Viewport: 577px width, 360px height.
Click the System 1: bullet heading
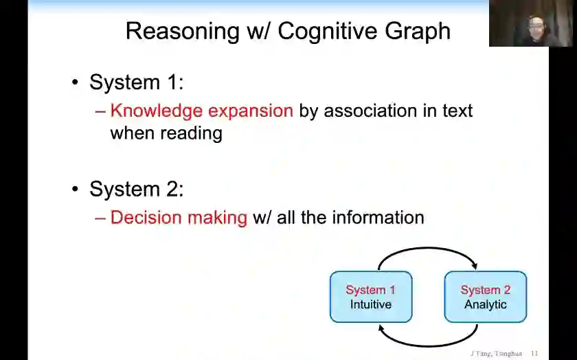[136, 82]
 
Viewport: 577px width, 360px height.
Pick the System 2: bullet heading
[136, 189]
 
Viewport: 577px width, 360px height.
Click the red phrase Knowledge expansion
[201, 111]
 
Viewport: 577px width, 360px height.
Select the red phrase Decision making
[179, 218]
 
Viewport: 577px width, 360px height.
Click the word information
[378, 218]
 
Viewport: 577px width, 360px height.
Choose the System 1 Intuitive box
[371, 297]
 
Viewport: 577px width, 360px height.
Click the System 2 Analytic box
[485, 297]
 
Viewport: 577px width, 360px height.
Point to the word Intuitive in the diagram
[371, 304]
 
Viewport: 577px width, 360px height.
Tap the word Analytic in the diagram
[485, 304]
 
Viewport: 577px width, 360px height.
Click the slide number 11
[534, 353]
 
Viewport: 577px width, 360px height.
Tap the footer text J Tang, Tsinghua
[496, 353]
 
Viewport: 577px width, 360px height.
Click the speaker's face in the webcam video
[533, 26]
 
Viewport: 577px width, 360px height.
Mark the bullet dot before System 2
[76, 190]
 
